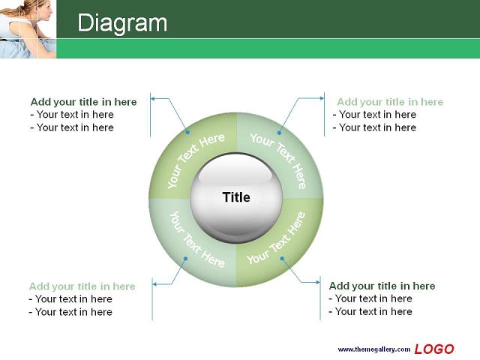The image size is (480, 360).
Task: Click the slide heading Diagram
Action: click(122, 22)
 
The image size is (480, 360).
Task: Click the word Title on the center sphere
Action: click(236, 197)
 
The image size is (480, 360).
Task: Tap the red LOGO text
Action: click(434, 349)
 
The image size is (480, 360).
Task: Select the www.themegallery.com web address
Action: click(373, 349)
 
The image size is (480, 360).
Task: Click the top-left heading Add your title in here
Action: click(83, 102)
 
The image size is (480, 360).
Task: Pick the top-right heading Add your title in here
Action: click(390, 102)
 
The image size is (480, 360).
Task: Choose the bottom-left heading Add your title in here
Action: click(82, 286)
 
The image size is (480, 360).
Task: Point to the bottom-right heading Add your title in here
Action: click(382, 286)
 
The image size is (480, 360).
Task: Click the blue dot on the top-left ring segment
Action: click(187, 132)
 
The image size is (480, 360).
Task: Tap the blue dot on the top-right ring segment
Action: click(279, 133)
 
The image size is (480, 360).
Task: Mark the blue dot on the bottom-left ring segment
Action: click(185, 259)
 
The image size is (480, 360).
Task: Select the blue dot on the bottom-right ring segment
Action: click(282, 259)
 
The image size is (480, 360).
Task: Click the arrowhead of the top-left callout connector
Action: click(153, 98)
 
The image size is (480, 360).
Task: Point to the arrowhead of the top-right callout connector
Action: click(322, 98)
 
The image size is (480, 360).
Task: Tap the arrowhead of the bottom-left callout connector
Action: click(154, 284)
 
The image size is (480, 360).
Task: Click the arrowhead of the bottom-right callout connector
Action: click(318, 282)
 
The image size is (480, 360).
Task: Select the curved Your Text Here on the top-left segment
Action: click(195, 160)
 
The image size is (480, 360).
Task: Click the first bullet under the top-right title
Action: click(374, 115)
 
